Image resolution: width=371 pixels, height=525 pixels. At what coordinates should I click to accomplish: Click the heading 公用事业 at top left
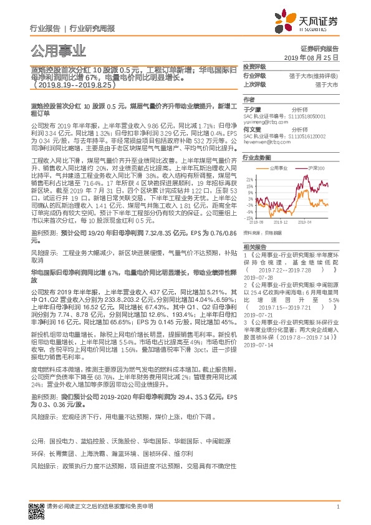tap(57, 51)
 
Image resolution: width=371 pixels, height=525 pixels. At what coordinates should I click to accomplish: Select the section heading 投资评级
tap(254, 66)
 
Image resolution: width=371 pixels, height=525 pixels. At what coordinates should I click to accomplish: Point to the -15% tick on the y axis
tap(249, 217)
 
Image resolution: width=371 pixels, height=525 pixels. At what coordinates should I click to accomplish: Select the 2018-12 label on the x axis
tap(281, 221)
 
